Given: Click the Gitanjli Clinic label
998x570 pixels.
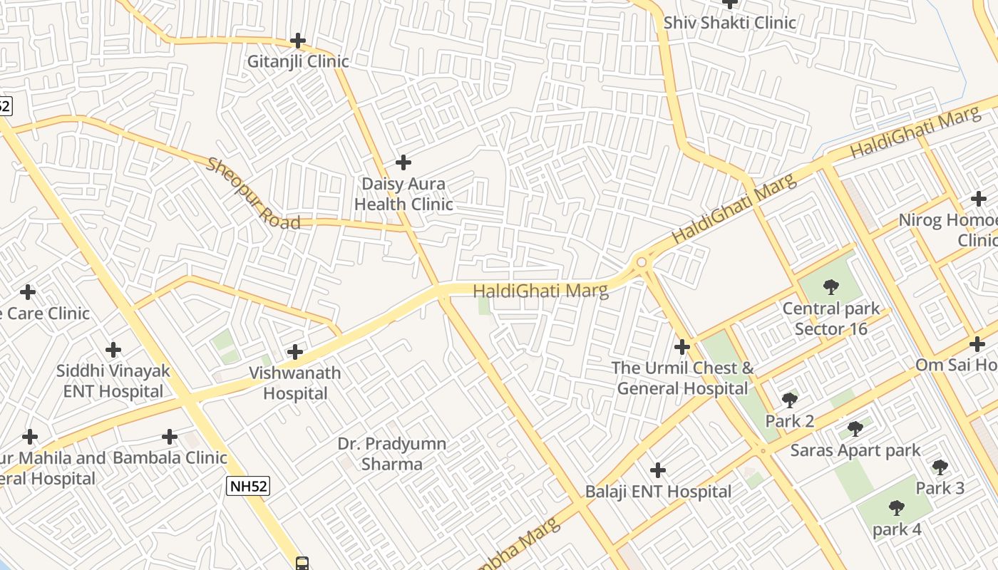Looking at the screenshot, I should click(298, 61).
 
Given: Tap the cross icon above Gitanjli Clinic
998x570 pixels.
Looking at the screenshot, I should click(298, 41).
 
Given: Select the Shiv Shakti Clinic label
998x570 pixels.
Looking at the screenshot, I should click(730, 23).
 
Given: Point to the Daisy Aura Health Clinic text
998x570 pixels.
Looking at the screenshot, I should click(403, 194).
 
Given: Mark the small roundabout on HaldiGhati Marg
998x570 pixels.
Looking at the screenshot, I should click(642, 263).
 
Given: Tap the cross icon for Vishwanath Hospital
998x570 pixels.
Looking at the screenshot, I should click(295, 352).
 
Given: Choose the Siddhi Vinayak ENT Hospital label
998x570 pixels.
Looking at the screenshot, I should click(113, 381).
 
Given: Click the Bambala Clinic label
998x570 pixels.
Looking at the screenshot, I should click(170, 457).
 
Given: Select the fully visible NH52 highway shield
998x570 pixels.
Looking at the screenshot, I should click(248, 486).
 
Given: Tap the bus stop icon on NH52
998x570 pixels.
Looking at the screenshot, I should click(302, 564).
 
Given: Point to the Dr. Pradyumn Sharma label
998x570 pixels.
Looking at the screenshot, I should click(392, 454).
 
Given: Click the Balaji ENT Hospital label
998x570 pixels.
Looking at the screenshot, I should click(658, 492).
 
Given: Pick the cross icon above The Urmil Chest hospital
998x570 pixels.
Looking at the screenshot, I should click(682, 347).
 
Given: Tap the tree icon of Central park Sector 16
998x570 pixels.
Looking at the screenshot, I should click(830, 288).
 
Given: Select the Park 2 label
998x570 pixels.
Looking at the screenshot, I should click(789, 421).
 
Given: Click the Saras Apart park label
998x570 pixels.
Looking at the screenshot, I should click(855, 450).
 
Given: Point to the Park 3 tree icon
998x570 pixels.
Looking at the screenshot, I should click(940, 467).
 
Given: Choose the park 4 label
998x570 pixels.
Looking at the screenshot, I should click(897, 529).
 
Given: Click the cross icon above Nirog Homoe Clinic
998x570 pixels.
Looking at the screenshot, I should click(979, 199).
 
